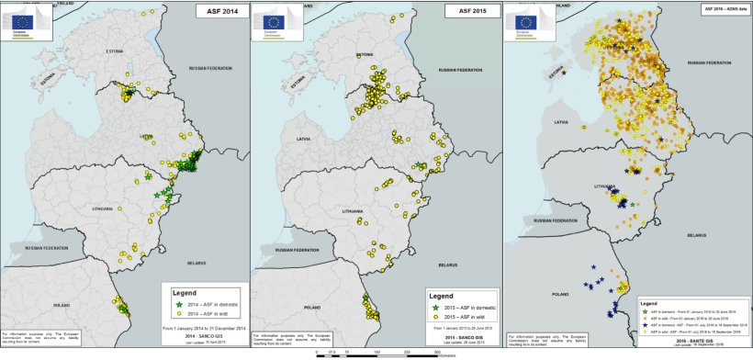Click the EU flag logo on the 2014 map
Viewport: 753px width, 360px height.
coord(17,17)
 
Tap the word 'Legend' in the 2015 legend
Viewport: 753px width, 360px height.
coord(446,298)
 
